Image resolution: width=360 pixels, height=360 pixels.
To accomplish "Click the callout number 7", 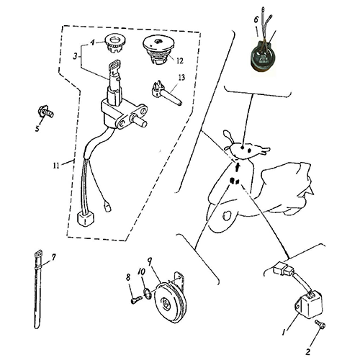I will click(51, 256).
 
